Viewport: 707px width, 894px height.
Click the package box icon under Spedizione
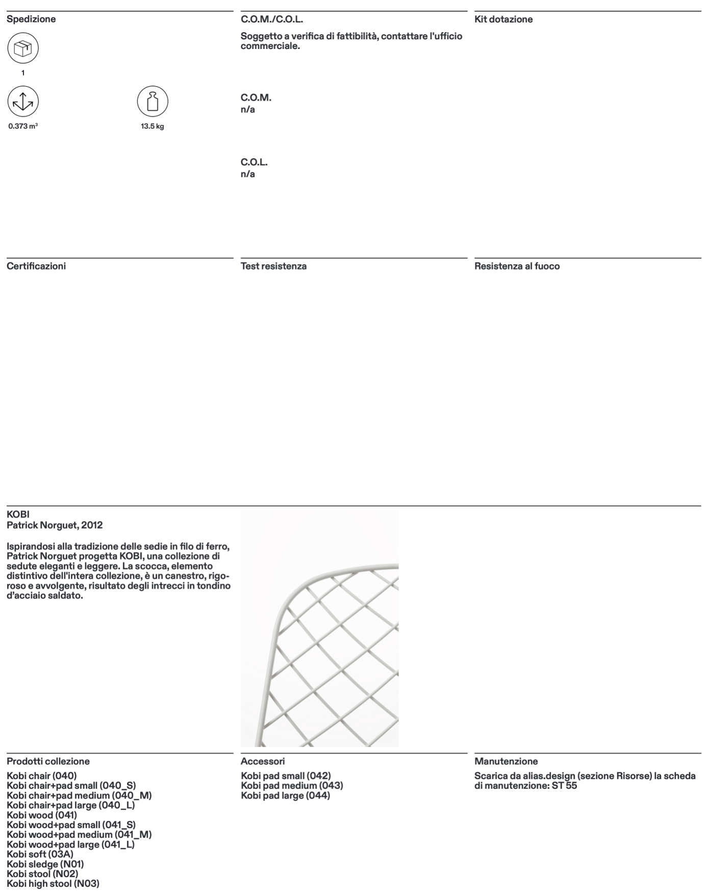tap(23, 48)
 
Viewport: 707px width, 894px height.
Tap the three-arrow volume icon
tap(23, 101)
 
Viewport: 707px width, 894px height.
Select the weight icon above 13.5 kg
tap(153, 101)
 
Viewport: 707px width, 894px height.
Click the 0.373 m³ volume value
tap(23, 126)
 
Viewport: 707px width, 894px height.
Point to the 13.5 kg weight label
tap(153, 126)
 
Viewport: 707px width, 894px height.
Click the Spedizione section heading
tap(31, 19)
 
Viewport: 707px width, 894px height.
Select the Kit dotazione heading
tap(503, 19)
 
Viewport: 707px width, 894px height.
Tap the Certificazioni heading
tap(36, 266)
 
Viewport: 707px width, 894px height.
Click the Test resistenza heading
tap(273, 266)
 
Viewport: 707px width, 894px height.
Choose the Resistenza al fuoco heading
tap(517, 266)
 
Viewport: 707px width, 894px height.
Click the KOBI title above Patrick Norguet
tap(18, 514)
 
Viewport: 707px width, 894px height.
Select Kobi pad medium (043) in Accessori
tap(292, 785)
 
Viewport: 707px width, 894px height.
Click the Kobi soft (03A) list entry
tap(40, 854)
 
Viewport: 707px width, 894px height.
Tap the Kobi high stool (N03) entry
tap(53, 883)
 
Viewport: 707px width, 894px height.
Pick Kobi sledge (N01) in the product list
tap(45, 864)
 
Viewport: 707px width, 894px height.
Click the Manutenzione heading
tap(506, 761)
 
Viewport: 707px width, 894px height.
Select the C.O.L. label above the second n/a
tap(254, 162)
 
